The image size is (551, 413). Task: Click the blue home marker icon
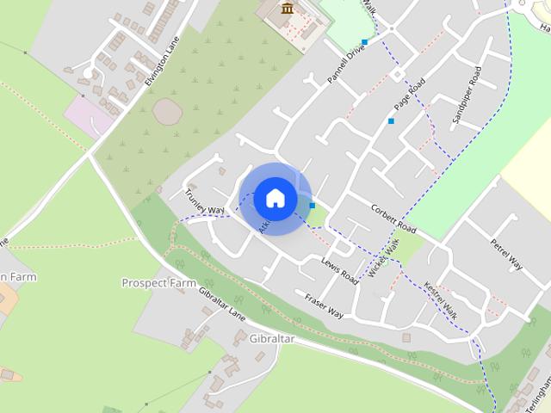click(275, 198)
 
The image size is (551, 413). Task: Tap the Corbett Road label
click(393, 219)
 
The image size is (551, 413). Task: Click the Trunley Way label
click(204, 202)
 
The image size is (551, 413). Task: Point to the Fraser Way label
click(324, 305)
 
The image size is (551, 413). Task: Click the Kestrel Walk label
click(441, 301)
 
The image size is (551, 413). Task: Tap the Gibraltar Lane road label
click(221, 304)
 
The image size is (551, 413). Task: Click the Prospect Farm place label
click(158, 282)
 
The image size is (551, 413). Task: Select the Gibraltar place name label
click(271, 339)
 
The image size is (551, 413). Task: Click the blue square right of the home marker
click(313, 205)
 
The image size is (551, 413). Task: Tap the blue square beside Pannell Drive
click(365, 41)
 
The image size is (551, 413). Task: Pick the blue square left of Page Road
click(391, 121)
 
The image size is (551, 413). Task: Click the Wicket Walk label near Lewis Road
click(384, 257)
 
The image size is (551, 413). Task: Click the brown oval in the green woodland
click(167, 109)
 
